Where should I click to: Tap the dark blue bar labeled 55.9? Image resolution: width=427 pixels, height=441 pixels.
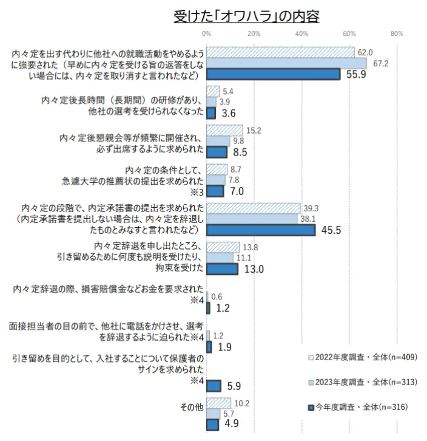[x=273, y=74]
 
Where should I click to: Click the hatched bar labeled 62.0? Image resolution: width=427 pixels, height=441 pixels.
[x=280, y=52]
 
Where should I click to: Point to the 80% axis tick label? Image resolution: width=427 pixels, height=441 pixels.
[x=397, y=33]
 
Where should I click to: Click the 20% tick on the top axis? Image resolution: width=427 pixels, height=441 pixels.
[x=254, y=33]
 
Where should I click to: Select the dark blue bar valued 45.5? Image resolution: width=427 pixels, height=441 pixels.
[x=261, y=230]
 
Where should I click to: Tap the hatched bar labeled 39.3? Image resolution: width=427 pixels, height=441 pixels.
[x=253, y=208]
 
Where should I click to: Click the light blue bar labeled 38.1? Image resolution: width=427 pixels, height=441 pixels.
[x=252, y=219]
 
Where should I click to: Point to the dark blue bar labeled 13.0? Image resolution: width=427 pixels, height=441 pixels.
[x=222, y=268]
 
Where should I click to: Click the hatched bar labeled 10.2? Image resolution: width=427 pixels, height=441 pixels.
[x=218, y=403]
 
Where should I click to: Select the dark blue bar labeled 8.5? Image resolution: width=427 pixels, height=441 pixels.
[x=217, y=152]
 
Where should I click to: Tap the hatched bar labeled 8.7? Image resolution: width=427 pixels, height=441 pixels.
[x=217, y=169]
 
